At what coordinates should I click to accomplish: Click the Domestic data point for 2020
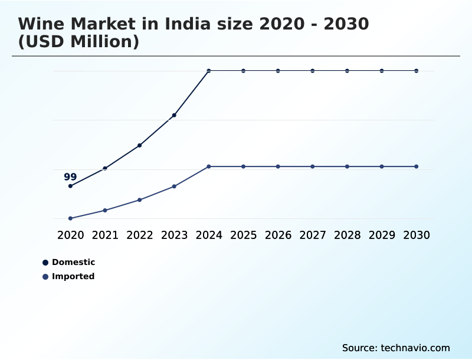(x=70, y=186)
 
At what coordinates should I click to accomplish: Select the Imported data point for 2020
(x=70, y=218)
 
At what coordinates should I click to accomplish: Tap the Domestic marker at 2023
(x=174, y=115)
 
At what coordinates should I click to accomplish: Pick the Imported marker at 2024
(x=209, y=166)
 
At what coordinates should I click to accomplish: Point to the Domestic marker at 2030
(x=417, y=71)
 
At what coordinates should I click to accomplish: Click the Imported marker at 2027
(x=313, y=166)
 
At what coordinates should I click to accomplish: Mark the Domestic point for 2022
(x=139, y=145)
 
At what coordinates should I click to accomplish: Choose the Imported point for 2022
(x=139, y=200)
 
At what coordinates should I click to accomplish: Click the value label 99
(x=70, y=177)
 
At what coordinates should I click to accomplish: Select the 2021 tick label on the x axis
(x=105, y=235)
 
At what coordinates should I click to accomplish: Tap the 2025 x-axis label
(x=243, y=235)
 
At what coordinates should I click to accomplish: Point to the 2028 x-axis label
(x=347, y=235)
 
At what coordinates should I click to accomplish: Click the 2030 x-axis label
(x=417, y=235)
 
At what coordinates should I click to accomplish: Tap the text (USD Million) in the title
(x=78, y=42)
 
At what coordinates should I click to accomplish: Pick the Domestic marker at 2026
(x=278, y=71)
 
